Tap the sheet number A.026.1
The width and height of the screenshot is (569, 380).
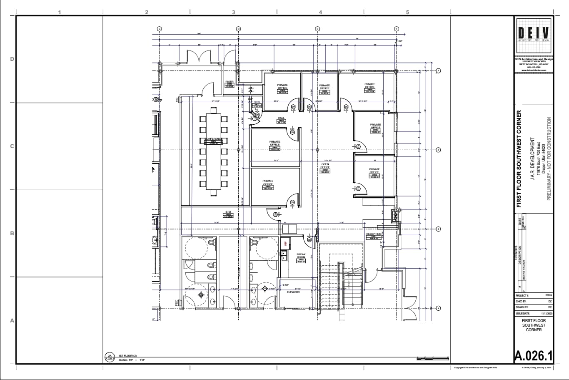(534, 355)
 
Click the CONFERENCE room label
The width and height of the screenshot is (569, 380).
(214, 139)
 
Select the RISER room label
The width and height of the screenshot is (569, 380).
(229, 82)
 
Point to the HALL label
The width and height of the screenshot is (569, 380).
(281, 118)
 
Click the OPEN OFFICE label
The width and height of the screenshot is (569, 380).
(325, 165)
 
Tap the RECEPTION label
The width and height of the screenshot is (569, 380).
(374, 234)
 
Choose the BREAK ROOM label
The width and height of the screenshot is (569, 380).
(301, 256)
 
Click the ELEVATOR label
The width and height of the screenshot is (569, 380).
(293, 292)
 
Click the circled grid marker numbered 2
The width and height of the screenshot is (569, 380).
(438, 150)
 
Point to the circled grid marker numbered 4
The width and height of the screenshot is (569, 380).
(438, 308)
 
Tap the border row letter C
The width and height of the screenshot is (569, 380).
(12, 146)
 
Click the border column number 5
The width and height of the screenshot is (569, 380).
(407, 12)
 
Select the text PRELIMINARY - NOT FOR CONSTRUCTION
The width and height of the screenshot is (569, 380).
(549, 159)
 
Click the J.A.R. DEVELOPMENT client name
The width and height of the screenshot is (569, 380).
(532, 159)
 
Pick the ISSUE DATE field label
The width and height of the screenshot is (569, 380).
(523, 313)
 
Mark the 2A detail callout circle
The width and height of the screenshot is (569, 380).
(109, 357)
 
